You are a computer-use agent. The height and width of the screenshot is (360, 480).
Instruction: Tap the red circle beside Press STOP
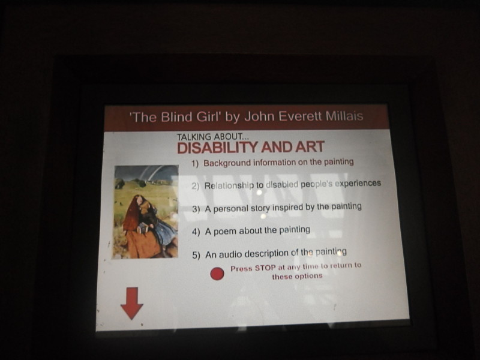(217, 274)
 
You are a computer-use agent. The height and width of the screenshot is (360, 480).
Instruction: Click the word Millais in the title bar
(344, 116)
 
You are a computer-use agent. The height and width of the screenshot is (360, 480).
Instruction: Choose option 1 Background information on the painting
(272, 162)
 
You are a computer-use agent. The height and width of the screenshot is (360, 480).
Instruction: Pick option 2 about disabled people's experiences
(286, 185)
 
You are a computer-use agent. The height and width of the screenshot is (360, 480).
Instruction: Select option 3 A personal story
(277, 208)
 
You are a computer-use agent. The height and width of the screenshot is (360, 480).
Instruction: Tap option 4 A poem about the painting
(251, 230)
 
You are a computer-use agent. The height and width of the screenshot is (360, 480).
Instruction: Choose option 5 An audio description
(269, 253)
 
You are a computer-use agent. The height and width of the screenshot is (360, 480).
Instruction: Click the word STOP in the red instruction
(265, 268)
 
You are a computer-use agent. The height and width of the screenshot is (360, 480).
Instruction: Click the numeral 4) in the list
(196, 232)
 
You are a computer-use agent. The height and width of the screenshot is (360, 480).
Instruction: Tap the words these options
(297, 276)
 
